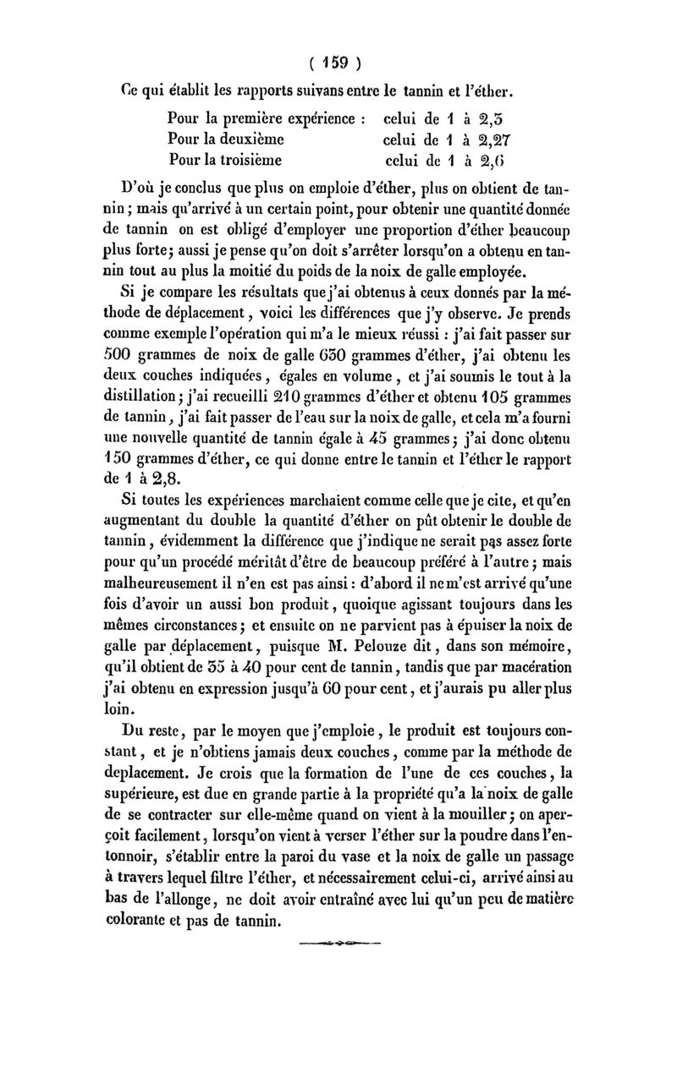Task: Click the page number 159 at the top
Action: pyautogui.click(x=338, y=64)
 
